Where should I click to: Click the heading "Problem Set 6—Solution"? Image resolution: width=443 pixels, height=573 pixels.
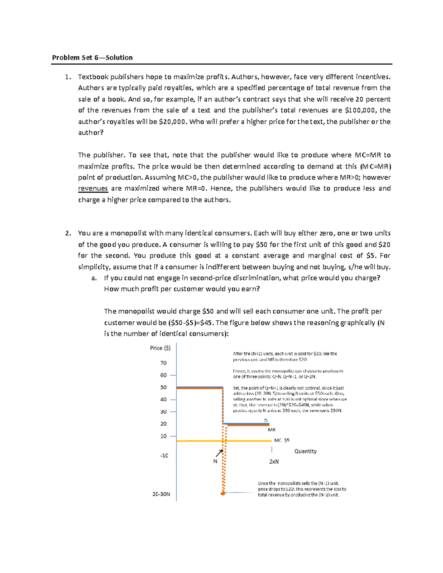(x=92, y=58)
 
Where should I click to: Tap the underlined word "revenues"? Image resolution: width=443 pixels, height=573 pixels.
(x=93, y=189)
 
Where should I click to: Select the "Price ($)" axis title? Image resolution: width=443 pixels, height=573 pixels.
(x=160, y=348)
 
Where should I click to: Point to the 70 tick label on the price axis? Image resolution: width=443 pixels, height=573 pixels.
(x=163, y=363)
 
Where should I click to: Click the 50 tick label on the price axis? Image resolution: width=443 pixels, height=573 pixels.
(x=163, y=387)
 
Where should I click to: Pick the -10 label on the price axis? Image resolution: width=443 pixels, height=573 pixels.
(x=164, y=456)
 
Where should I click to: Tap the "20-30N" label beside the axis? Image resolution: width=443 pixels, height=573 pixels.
(x=161, y=494)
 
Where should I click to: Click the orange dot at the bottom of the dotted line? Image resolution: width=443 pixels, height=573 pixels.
(x=223, y=493)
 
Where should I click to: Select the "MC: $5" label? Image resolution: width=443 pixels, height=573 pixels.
(x=282, y=441)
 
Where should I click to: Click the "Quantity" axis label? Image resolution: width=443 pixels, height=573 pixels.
(x=305, y=451)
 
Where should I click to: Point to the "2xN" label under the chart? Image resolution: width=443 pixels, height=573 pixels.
(x=274, y=462)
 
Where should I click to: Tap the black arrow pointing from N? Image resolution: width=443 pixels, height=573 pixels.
(x=219, y=453)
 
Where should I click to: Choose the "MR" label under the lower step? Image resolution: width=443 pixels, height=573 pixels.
(x=272, y=430)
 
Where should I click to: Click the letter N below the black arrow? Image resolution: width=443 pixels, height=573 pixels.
(x=215, y=462)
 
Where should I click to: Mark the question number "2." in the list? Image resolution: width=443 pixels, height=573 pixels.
(x=68, y=233)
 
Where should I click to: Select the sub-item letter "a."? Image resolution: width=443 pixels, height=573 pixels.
(x=94, y=278)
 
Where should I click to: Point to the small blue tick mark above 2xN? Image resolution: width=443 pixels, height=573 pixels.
(x=272, y=450)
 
